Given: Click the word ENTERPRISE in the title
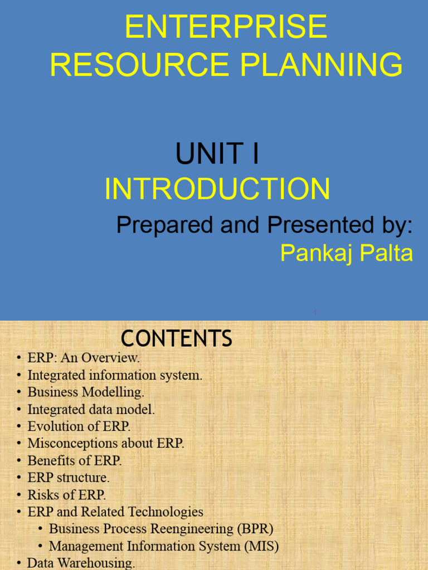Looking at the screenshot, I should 225,27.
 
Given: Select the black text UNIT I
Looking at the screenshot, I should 217,154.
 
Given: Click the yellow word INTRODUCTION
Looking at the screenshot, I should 217,189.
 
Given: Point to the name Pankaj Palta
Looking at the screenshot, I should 346,253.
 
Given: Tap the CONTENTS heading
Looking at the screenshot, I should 177,338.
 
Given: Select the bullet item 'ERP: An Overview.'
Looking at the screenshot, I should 84,358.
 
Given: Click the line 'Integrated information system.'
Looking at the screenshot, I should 115,375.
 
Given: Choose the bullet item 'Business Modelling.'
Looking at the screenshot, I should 86,392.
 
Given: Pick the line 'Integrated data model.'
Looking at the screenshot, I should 91,409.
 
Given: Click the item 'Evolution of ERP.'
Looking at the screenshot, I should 79,426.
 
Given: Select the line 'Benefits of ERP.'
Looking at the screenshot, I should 75,460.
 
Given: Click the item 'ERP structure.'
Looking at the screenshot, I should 69,478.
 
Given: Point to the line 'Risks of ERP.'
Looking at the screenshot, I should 67,494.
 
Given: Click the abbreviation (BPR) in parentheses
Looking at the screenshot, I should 254,529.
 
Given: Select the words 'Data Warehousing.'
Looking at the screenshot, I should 81,563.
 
